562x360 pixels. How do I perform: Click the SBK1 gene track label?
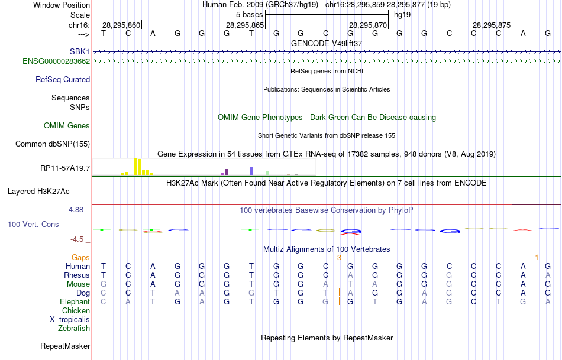tap(79, 52)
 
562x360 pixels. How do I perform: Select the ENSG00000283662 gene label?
tap(56, 61)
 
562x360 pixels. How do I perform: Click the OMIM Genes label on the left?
tap(67, 125)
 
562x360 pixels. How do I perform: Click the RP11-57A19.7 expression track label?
tap(65, 168)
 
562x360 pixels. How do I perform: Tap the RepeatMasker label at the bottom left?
tap(65, 346)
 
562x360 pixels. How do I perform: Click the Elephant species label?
tap(75, 301)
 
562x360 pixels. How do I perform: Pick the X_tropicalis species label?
tap(70, 319)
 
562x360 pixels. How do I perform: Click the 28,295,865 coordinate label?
tap(244, 25)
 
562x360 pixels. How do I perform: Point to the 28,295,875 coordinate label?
tap(491, 25)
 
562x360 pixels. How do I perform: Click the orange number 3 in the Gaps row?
tap(339, 257)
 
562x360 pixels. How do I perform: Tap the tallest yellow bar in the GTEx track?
tap(136, 166)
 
